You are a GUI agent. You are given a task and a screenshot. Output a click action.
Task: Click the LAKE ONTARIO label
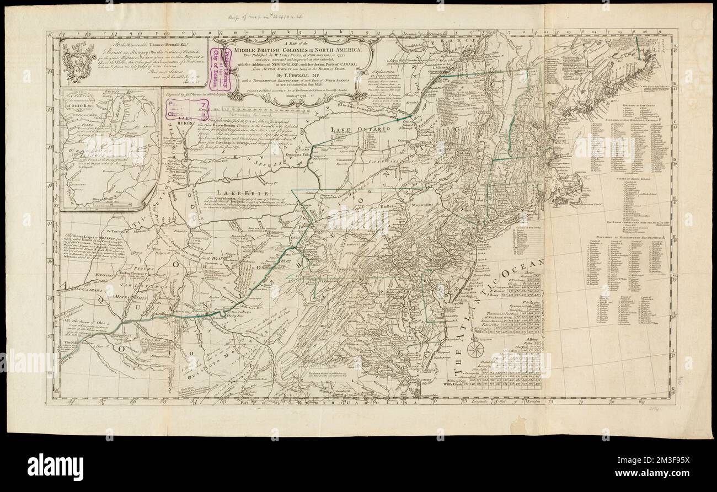coord(353,129)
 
